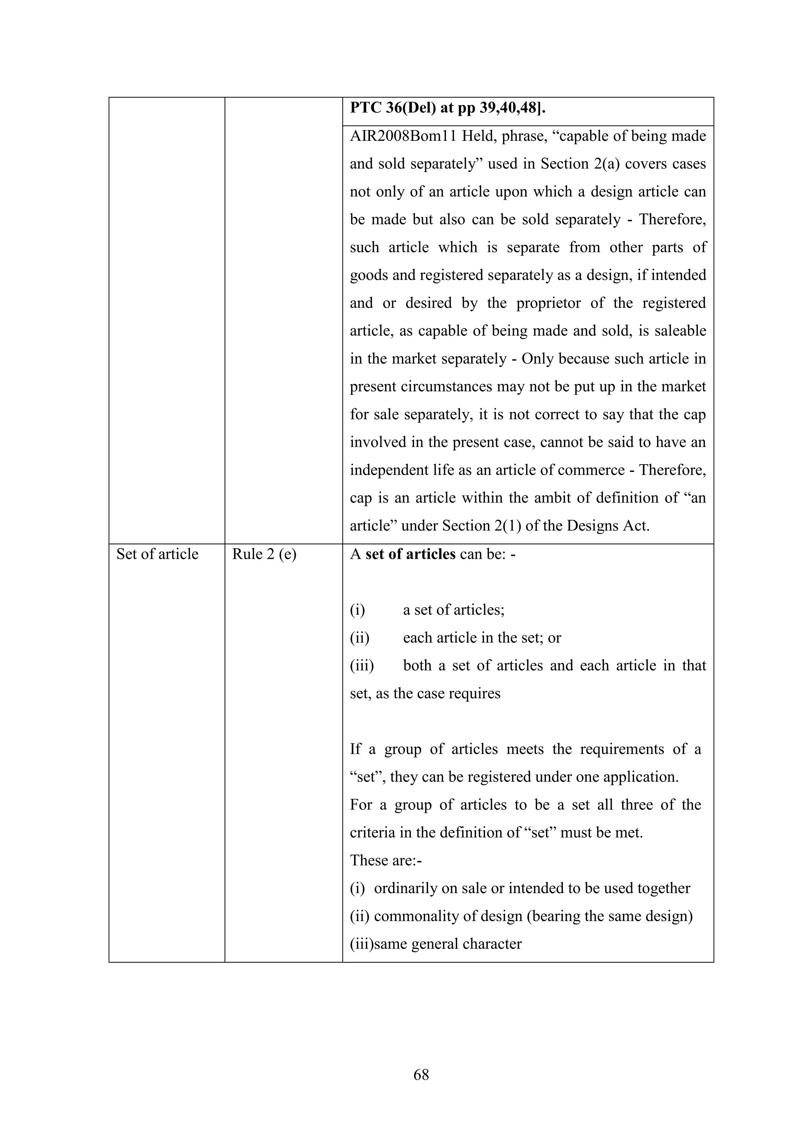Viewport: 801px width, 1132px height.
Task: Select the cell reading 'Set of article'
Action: (x=157, y=554)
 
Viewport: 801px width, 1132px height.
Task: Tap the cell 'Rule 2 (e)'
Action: (x=264, y=554)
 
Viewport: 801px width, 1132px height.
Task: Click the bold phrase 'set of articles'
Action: (x=410, y=554)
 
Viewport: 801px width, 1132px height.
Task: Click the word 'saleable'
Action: (x=680, y=330)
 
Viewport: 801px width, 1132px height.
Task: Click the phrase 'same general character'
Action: (x=447, y=944)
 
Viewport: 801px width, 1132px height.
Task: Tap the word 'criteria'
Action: (x=373, y=832)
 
